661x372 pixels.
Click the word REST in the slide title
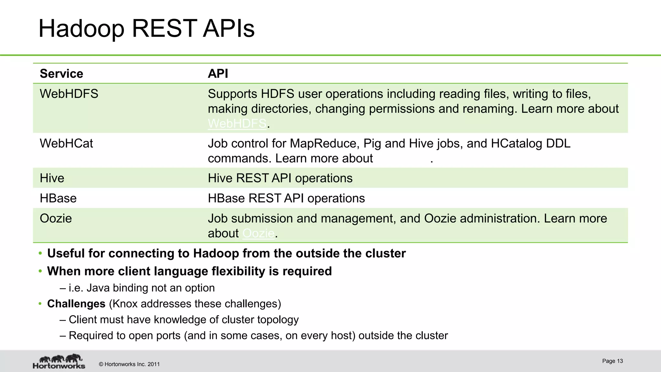point(164,29)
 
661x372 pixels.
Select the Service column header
point(61,74)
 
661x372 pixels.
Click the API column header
point(218,74)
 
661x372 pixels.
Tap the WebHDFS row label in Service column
point(69,94)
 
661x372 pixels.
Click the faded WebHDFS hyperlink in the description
point(237,123)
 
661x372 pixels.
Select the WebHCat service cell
point(66,143)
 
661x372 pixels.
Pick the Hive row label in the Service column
point(52,178)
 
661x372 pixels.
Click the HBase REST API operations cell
point(286,198)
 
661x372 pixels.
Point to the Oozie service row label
point(56,219)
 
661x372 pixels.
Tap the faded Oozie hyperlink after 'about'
point(258,233)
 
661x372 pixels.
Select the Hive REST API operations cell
point(280,178)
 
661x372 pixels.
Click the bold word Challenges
point(76,304)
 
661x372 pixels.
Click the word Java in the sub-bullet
point(98,288)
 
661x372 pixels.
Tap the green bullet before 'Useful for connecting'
point(40,253)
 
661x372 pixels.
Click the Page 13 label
point(612,361)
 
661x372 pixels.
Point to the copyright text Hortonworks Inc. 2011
point(129,364)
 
